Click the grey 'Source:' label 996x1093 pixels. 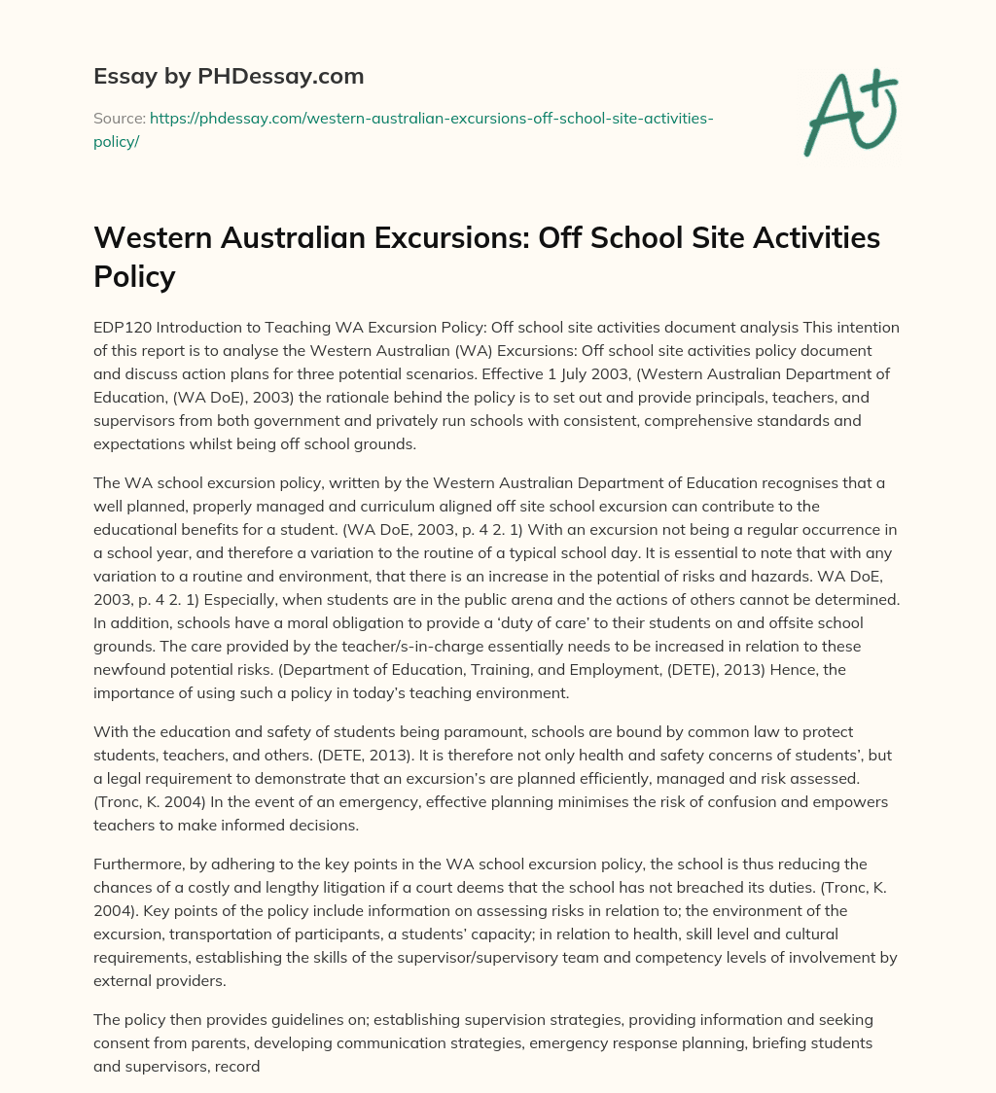point(119,118)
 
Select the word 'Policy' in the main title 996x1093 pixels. point(134,276)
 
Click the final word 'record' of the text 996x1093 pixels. point(240,1066)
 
